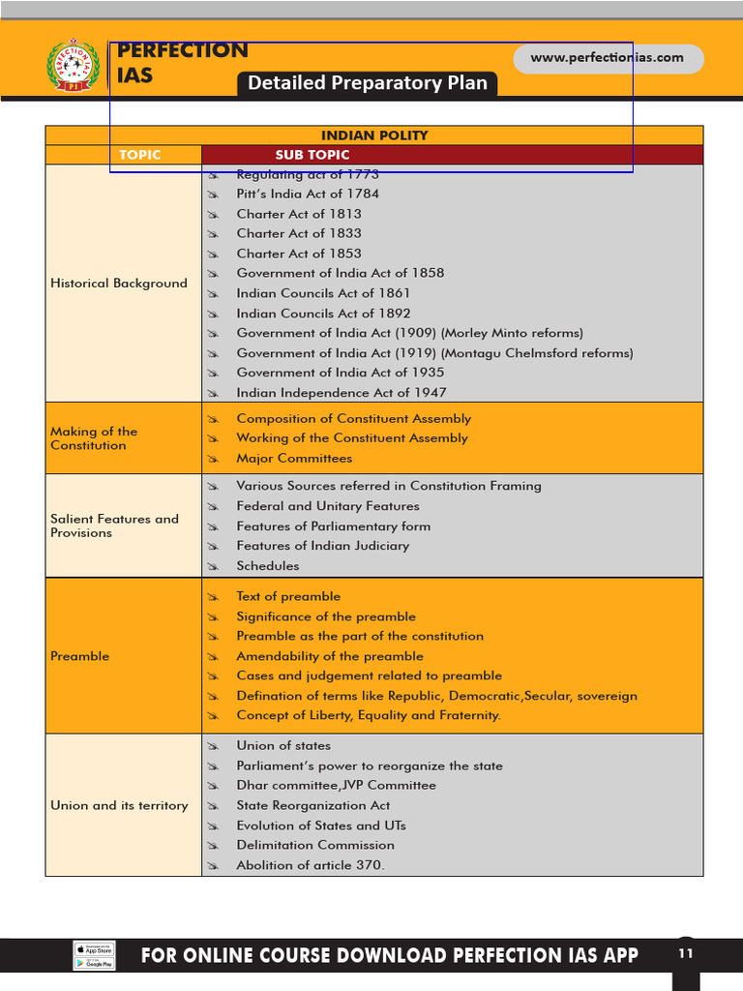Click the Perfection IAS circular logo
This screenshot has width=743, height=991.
tap(73, 67)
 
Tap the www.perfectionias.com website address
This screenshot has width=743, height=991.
tap(607, 58)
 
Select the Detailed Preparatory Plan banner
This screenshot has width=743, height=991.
tap(368, 83)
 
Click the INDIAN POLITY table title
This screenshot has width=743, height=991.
tap(374, 135)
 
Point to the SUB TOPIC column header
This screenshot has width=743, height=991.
tap(312, 155)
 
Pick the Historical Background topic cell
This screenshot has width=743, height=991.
tap(119, 284)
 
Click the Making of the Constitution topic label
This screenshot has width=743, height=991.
tap(94, 438)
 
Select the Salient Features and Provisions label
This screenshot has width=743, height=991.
tap(114, 526)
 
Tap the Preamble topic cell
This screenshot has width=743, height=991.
tap(80, 656)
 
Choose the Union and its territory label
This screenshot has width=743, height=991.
tap(119, 805)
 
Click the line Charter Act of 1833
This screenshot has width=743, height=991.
tap(299, 233)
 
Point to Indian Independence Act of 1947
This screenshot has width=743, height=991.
tap(342, 393)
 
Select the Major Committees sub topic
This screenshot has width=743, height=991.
tap(294, 459)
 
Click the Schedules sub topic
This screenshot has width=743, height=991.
tap(268, 566)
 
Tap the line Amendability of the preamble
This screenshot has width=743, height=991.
tap(330, 656)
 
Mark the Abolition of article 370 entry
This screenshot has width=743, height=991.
tap(310, 865)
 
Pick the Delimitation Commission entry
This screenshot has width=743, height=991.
tap(315, 845)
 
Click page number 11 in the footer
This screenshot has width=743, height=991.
tap(686, 953)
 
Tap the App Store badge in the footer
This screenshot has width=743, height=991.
tap(95, 948)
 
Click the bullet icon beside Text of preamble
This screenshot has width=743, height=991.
tap(214, 597)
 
